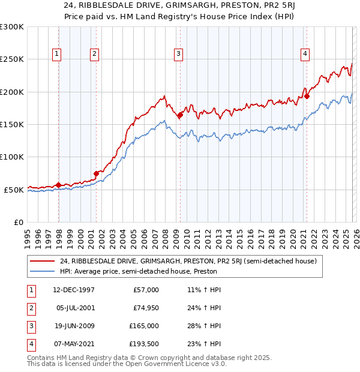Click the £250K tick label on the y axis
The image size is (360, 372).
[12, 59]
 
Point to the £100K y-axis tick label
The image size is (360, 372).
[12, 157]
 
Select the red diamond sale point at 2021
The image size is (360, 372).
[306, 96]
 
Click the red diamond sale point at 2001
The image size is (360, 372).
[96, 173]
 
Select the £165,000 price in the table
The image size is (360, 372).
[144, 326]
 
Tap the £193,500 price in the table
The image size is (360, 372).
[144, 344]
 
